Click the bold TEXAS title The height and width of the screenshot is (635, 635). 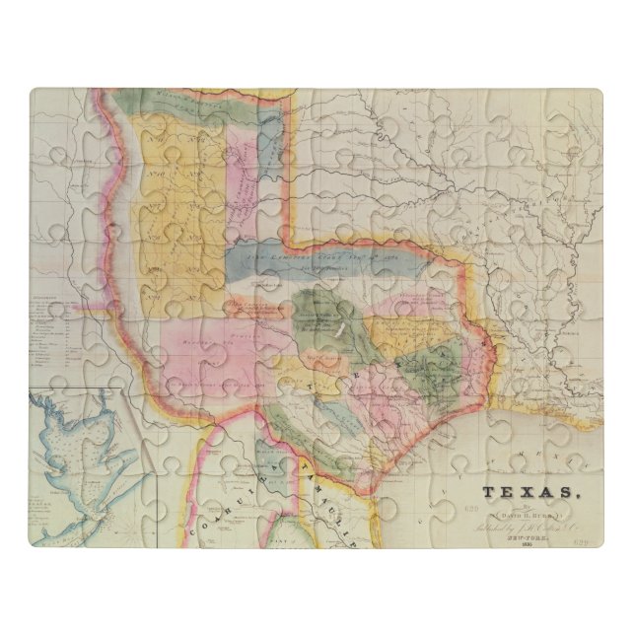[x=526, y=490]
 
